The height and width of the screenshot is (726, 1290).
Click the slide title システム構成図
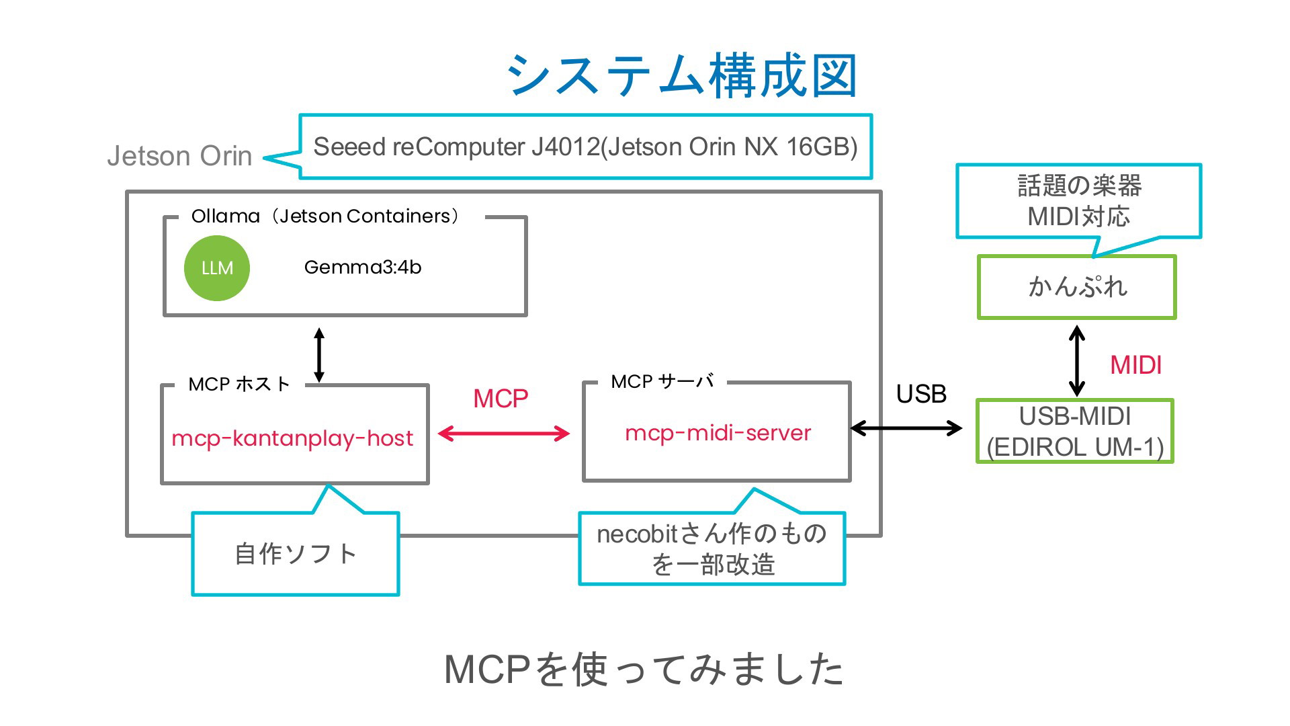[682, 75]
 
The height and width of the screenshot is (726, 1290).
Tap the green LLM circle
[217, 268]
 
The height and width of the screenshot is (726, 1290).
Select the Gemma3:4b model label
[363, 268]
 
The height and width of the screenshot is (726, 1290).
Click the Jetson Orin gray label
[179, 156]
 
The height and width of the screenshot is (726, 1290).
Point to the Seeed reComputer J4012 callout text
[585, 147]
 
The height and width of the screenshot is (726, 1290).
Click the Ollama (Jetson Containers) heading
[325, 216]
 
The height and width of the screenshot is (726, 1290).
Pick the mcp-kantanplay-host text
[292, 438]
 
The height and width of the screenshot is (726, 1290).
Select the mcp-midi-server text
[718, 433]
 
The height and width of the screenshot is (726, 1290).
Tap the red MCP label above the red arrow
[501, 399]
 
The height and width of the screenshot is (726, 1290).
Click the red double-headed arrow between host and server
[504, 434]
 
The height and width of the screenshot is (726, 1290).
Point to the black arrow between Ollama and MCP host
[319, 355]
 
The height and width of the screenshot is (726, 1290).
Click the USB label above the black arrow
[921, 394]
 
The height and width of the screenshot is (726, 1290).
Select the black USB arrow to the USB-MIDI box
[906, 428]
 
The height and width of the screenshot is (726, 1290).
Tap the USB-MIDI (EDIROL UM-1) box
[1075, 431]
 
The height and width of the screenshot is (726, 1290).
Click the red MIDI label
[1135, 365]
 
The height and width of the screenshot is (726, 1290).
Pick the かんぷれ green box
[1077, 287]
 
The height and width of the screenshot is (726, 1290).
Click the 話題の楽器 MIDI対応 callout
[1079, 201]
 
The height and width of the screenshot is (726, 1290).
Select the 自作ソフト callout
[296, 554]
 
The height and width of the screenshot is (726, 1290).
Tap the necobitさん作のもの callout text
[712, 549]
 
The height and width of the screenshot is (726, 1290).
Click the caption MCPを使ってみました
[644, 669]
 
